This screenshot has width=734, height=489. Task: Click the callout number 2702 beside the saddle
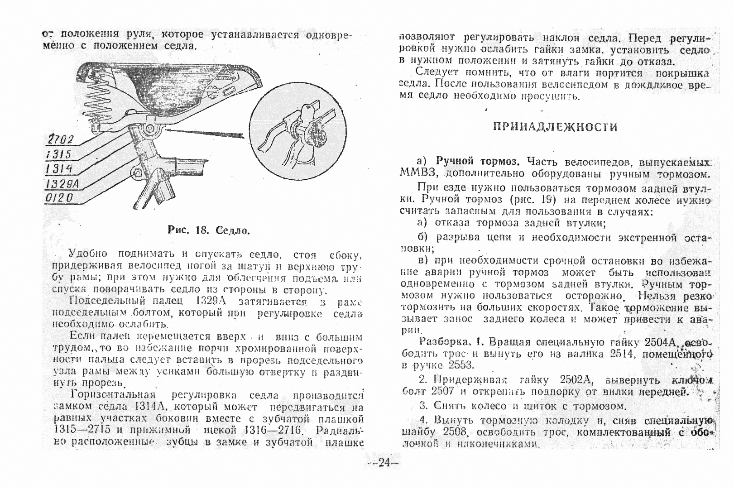(60, 140)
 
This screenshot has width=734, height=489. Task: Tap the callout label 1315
(59, 155)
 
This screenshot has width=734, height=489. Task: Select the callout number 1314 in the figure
(59, 169)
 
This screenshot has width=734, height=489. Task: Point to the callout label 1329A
(62, 183)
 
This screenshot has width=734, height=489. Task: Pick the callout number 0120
(59, 198)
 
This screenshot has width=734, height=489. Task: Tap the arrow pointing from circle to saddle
(204, 133)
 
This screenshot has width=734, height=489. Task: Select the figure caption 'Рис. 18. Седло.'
(209, 230)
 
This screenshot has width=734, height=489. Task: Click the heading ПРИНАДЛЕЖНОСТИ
(555, 127)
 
